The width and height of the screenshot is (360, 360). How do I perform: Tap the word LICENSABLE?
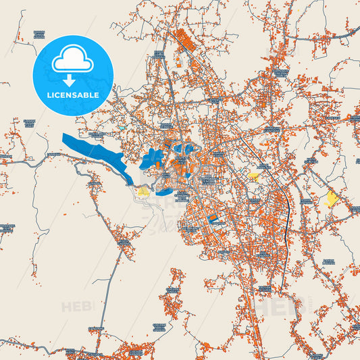click(72, 95)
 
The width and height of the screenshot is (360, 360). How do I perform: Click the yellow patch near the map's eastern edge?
click(331, 198)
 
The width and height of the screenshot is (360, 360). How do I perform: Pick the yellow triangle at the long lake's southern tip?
click(143, 191)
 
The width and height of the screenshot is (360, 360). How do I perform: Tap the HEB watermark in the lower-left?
click(76, 307)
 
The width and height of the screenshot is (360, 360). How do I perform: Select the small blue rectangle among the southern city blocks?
click(213, 218)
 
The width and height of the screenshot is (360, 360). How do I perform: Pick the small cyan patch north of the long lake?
click(122, 126)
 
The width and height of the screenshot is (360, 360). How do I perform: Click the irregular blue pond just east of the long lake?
click(152, 159)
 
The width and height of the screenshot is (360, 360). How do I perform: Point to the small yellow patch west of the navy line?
click(253, 176)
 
